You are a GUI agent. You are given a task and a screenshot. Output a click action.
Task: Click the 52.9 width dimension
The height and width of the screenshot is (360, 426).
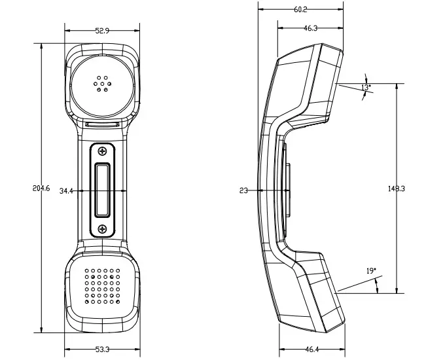(x=102, y=31)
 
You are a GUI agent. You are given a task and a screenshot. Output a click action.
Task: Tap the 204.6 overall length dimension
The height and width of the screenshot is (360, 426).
(x=41, y=189)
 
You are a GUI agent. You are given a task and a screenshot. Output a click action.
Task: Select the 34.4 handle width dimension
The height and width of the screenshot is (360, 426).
(x=67, y=191)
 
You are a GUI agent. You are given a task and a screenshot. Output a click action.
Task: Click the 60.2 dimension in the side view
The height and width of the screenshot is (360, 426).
(x=300, y=10)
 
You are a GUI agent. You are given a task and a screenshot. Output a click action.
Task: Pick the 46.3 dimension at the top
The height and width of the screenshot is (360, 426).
(x=310, y=28)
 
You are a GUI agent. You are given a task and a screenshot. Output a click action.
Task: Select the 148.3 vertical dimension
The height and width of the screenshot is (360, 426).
(x=397, y=189)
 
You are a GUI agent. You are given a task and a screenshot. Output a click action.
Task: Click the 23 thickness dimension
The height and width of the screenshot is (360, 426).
(x=243, y=190)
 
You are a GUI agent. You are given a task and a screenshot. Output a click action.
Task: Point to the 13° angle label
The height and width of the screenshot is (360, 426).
(x=366, y=87)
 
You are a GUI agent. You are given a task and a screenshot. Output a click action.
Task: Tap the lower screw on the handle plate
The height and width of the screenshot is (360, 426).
(x=102, y=228)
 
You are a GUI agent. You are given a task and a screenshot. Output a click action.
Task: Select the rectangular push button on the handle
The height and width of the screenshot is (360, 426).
(x=102, y=189)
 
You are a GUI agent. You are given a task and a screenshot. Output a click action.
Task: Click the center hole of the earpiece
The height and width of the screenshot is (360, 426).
(x=102, y=83)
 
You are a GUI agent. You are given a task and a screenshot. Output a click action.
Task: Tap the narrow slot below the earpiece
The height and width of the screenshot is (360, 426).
(x=102, y=122)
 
